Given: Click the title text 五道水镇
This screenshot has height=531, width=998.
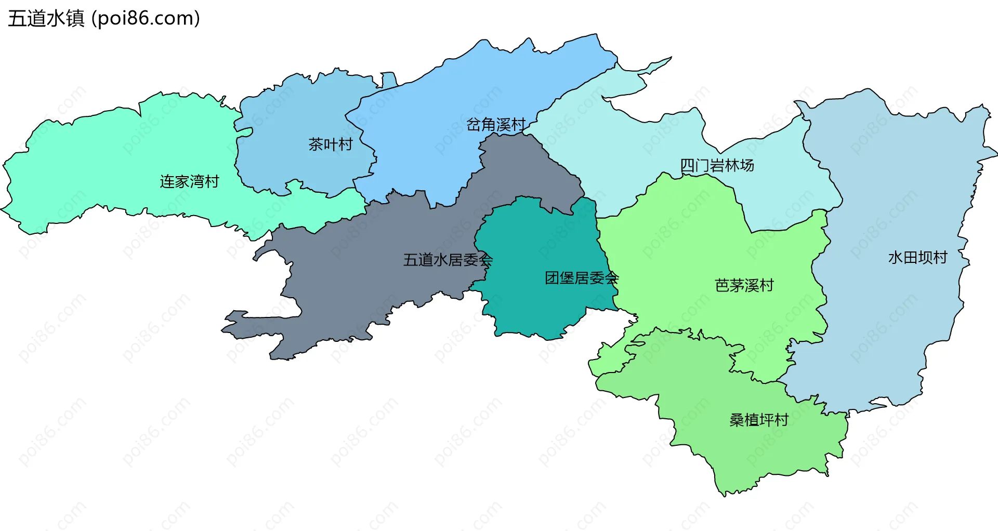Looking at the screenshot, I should click(46, 19).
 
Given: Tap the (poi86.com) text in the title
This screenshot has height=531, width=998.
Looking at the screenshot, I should click(146, 19).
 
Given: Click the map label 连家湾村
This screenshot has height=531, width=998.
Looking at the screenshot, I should click(189, 181).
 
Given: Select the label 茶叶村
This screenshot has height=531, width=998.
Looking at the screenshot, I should click(331, 144).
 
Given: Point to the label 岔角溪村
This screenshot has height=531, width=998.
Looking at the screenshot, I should click(496, 125).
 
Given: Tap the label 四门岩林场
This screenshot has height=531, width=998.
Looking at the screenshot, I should click(717, 165).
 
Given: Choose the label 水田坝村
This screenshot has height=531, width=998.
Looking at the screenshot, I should click(917, 257).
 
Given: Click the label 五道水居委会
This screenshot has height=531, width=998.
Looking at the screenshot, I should click(448, 260).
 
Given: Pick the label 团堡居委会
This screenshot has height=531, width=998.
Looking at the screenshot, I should click(581, 278).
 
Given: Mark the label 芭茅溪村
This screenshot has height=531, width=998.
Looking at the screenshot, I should click(744, 285).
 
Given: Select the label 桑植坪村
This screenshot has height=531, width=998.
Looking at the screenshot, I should click(759, 420).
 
